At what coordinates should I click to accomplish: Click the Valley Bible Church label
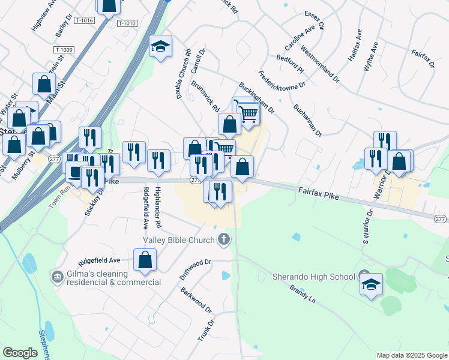pos(178,241)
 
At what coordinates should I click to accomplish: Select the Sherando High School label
pos(314,277)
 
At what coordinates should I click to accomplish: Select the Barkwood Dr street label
pos(196,299)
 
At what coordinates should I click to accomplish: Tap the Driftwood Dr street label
pos(196,270)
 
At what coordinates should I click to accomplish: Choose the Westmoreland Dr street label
pos(320,64)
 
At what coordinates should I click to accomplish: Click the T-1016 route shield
pos(85,20)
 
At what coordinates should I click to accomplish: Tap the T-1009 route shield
pos(63,50)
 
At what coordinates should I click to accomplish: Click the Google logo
pos(20,353)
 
